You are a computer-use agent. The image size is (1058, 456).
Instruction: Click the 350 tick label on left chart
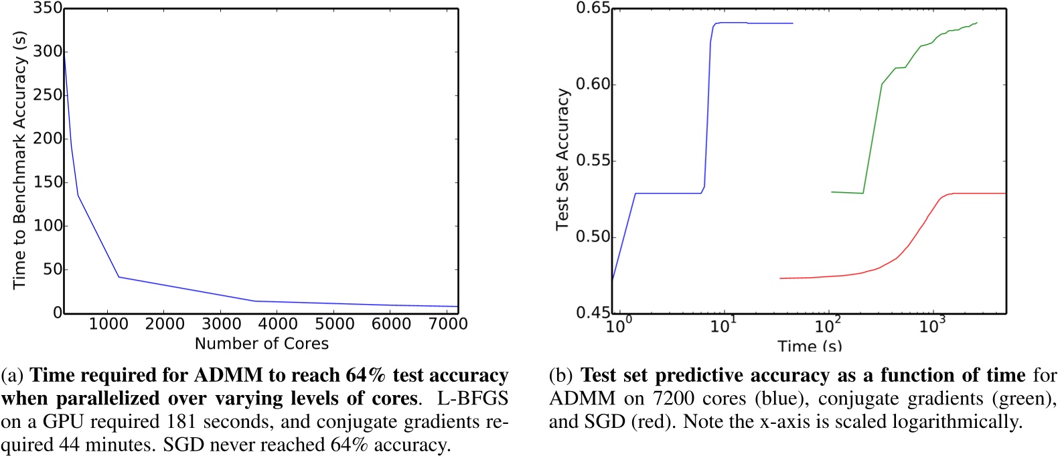tap(48, 9)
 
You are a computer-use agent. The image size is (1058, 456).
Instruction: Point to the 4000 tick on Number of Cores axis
tap(278, 324)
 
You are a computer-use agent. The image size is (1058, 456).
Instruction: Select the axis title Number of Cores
tap(262, 344)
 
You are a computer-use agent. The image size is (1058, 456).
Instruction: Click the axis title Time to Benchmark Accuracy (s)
tap(19, 160)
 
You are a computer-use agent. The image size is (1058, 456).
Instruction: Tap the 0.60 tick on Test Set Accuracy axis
tap(593, 84)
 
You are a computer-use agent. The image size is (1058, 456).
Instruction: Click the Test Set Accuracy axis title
tap(562, 159)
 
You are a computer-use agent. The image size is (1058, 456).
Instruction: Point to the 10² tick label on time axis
tap(828, 326)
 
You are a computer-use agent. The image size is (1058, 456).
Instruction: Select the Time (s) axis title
tap(810, 346)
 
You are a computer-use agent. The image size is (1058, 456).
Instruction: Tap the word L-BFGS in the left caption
tap(473, 398)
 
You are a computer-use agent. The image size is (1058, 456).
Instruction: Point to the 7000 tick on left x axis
tap(447, 324)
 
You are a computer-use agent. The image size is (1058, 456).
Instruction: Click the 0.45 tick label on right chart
tap(593, 313)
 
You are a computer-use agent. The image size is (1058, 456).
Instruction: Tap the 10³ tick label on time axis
tap(931, 326)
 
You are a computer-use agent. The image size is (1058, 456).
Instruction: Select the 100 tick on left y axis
tap(48, 226)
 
